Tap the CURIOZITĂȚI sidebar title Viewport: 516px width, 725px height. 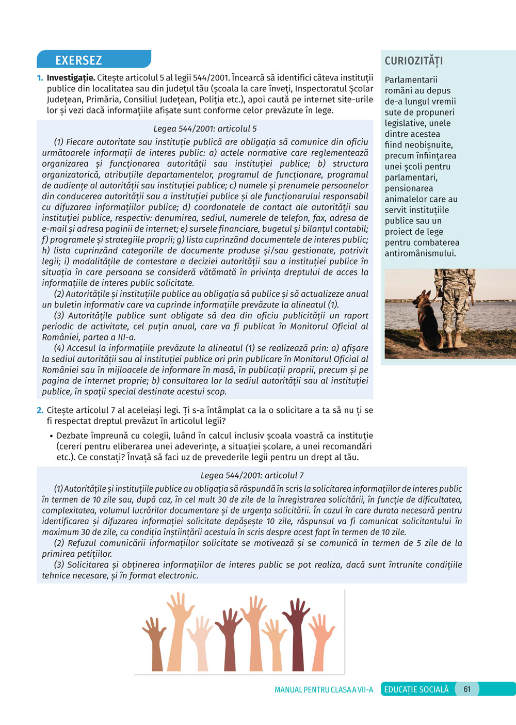tap(414, 61)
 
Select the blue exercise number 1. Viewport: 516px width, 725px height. tap(40, 78)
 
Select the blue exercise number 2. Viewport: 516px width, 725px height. tap(40, 410)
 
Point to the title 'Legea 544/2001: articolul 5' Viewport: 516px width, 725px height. tap(205, 129)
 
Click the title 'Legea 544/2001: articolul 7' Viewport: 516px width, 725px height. tap(252, 475)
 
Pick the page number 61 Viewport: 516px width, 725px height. tap(467, 689)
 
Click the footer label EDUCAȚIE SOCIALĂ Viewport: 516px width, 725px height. tap(416, 689)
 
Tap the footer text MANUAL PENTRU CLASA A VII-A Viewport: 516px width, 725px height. tap(324, 690)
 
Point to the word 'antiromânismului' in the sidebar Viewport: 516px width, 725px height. tap(420, 253)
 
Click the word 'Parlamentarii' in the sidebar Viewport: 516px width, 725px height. tap(411, 80)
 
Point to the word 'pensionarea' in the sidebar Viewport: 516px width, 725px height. tap(409, 188)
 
